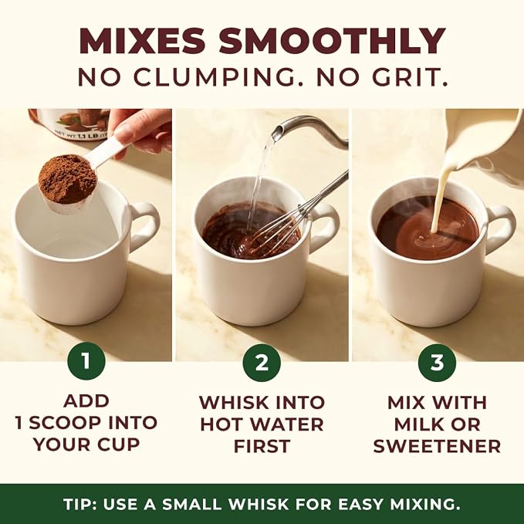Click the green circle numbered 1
(x=86, y=361)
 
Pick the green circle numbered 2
(x=262, y=362)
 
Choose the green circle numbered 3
(x=437, y=362)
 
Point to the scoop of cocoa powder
(x=68, y=180)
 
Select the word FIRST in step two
(x=262, y=446)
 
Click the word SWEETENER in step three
(x=437, y=446)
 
